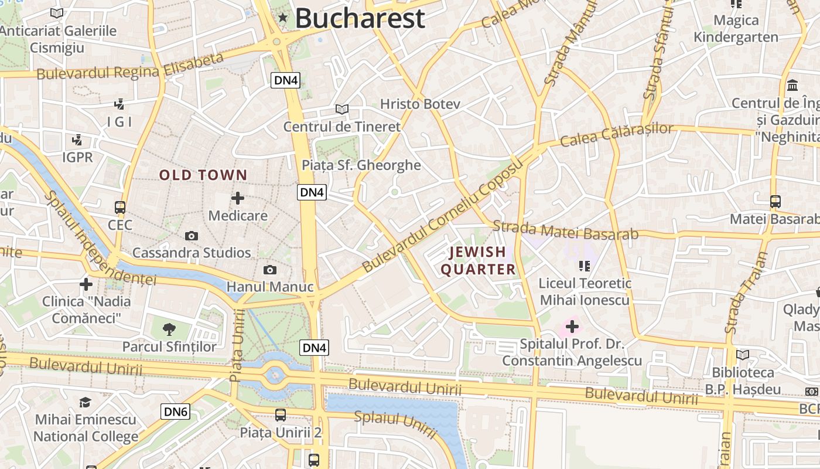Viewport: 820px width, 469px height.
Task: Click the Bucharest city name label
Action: pyautogui.click(x=360, y=18)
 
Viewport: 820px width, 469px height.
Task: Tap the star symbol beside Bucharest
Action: pyautogui.click(x=283, y=18)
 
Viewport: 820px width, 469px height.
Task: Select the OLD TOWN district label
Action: pyautogui.click(x=203, y=175)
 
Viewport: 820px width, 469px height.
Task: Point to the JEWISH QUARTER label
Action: pyautogui.click(x=478, y=261)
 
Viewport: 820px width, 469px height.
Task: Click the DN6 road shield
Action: pyautogui.click(x=176, y=412)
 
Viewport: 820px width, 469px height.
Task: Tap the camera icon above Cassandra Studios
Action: pyautogui.click(x=192, y=236)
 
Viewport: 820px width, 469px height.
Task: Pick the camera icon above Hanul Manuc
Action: pyautogui.click(x=270, y=270)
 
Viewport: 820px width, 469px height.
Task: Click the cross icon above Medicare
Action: pyautogui.click(x=238, y=198)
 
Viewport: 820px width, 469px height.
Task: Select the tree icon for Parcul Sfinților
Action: pyautogui.click(x=169, y=329)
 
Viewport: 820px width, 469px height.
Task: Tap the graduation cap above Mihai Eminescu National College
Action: pyautogui.click(x=86, y=402)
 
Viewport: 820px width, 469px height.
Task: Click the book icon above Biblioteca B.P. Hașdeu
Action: pyautogui.click(x=743, y=355)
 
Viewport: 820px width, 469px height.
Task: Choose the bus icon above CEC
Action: pyautogui.click(x=120, y=208)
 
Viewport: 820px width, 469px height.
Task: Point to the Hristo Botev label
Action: pyautogui.click(x=420, y=104)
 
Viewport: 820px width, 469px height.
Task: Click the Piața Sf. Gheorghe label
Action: pyautogui.click(x=361, y=165)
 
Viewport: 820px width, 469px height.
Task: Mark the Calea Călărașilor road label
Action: pyautogui.click(x=616, y=135)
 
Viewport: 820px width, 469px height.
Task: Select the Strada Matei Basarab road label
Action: pyautogui.click(x=565, y=230)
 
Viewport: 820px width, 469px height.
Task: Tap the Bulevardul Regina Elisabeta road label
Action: pyautogui.click(x=130, y=66)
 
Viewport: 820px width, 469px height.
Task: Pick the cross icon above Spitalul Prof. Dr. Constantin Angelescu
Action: pyautogui.click(x=572, y=327)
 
